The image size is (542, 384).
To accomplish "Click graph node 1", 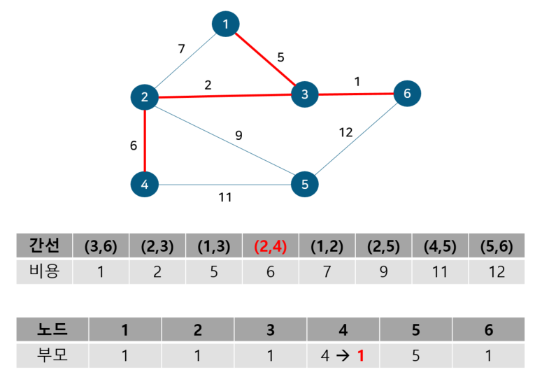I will [225, 25].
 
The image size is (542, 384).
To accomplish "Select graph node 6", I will [407, 93].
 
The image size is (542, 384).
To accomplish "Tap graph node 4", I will [144, 185].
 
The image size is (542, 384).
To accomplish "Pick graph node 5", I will [305, 185].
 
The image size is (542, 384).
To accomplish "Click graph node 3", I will [305, 94].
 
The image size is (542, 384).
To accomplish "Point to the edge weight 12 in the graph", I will [346, 131].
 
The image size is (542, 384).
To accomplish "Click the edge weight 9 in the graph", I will [238, 135].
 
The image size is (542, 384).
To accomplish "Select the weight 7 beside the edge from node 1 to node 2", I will [181, 49].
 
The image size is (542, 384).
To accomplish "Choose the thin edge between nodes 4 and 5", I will [224, 185].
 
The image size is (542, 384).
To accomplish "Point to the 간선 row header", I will [44, 246].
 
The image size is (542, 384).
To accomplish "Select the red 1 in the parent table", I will [361, 355].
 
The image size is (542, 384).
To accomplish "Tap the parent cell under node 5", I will [415, 355].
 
